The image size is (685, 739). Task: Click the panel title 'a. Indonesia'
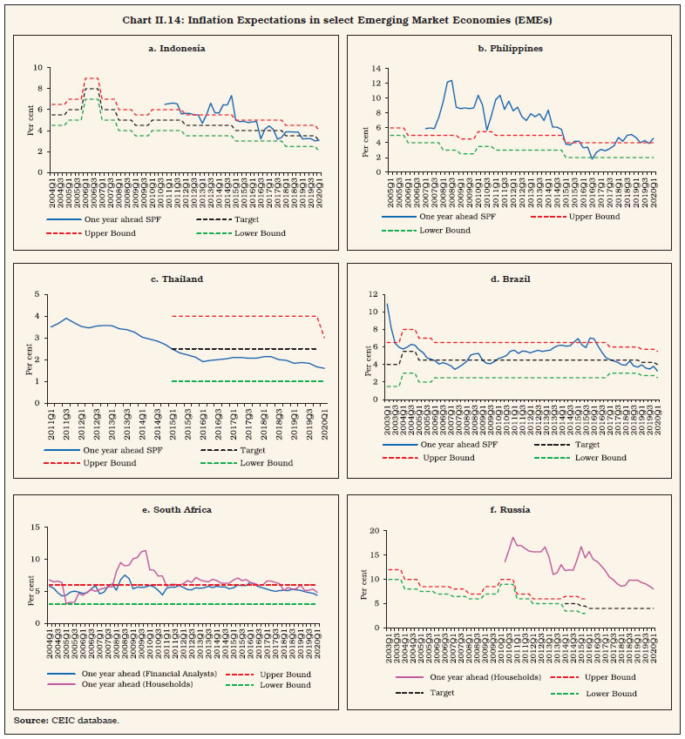178,49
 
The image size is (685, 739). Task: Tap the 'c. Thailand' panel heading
178,279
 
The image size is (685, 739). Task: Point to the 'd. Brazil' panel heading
513,279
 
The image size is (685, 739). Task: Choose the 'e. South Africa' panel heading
178,510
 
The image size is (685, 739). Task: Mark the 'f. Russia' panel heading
513,510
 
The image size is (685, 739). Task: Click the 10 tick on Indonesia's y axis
36,68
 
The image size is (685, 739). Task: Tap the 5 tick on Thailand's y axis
38,295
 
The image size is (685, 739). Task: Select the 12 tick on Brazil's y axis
371,294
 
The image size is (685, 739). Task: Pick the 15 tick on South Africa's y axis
34,527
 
